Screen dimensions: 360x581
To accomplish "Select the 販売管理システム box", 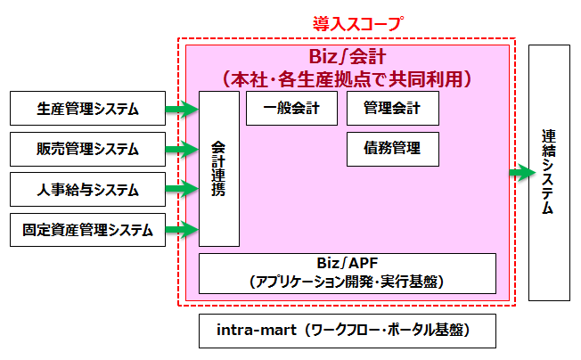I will [87, 149].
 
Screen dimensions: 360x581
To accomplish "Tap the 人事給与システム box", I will [87, 189].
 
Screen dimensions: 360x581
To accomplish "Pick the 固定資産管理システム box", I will [87, 230].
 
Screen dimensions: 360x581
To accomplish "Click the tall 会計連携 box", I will [219, 168].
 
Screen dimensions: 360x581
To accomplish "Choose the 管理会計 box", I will [393, 109].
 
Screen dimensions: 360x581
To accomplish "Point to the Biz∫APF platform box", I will [347, 273].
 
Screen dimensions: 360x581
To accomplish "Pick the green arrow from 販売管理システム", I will [182, 149].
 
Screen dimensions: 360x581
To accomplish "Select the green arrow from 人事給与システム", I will [182, 189].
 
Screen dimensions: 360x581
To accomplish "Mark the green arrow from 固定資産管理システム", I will [182, 230].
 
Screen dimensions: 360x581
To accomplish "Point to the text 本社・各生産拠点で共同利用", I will [348, 78].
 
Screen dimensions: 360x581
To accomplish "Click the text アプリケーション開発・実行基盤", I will [347, 281].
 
